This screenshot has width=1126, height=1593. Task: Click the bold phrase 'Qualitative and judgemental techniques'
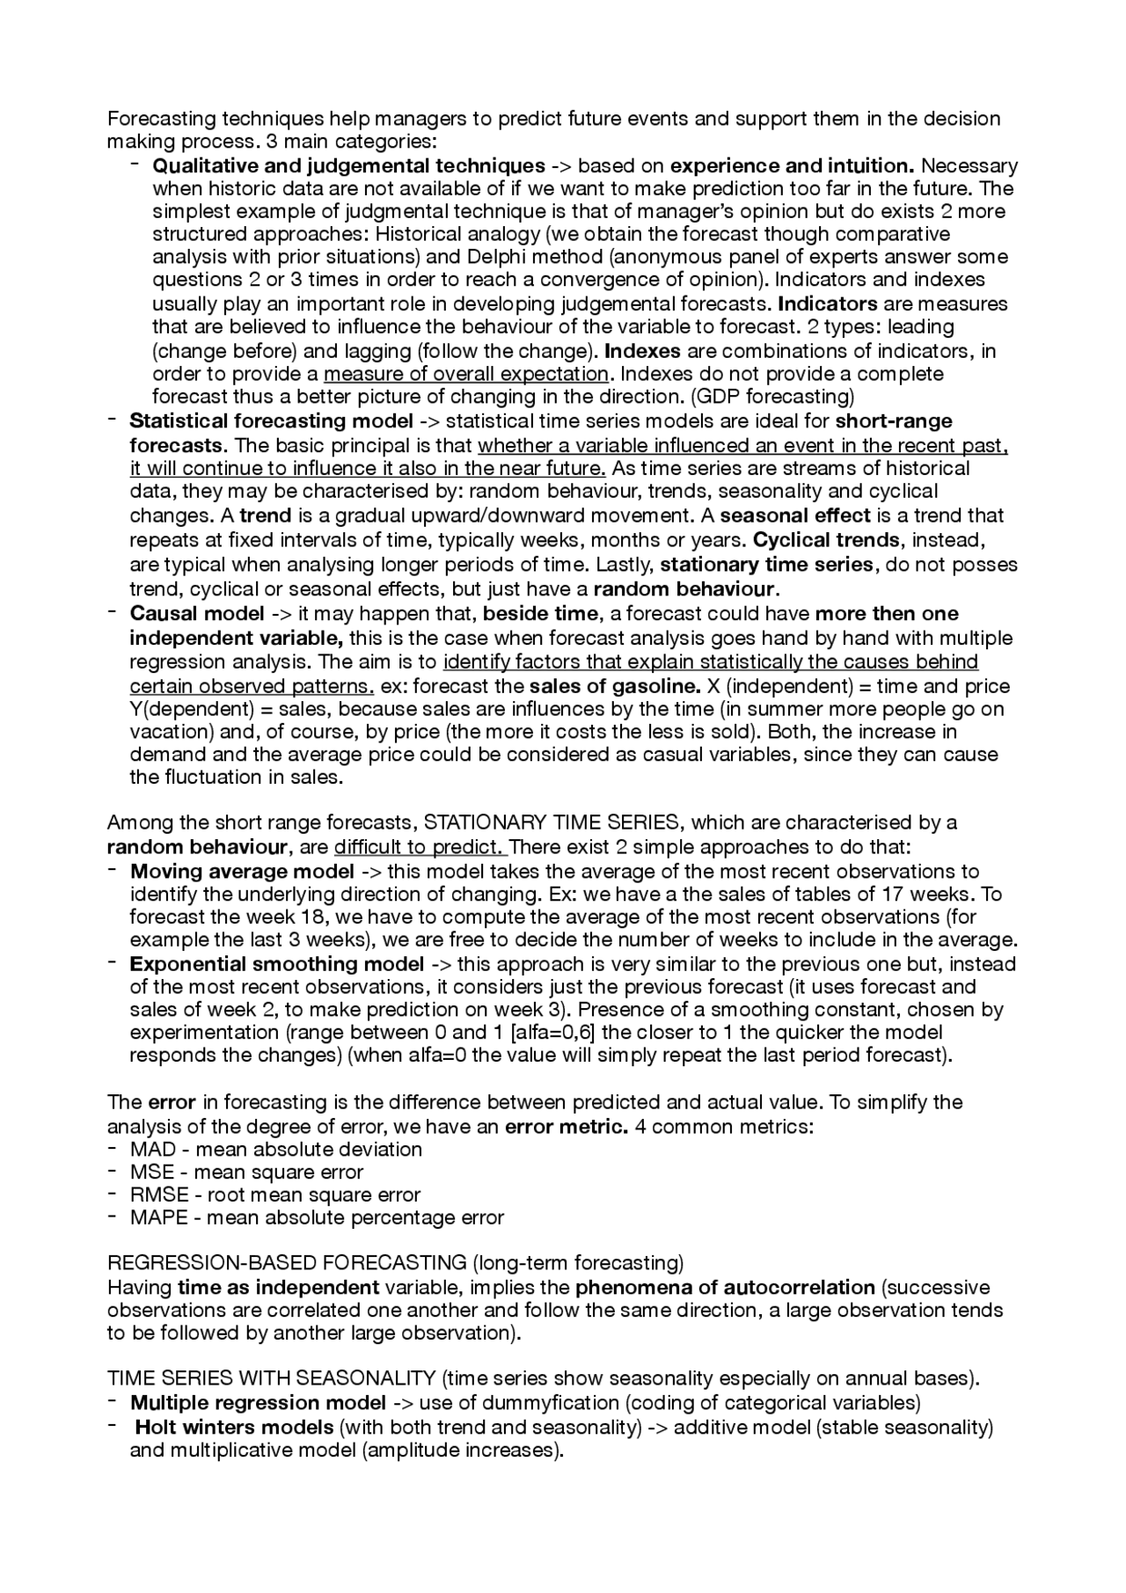click(x=348, y=165)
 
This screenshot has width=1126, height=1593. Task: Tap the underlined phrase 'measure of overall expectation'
click(x=466, y=374)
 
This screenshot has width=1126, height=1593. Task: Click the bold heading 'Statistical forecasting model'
click(x=271, y=420)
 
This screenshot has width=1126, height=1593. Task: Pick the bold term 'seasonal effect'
click(x=794, y=515)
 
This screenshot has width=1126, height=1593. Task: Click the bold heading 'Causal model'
click(x=196, y=613)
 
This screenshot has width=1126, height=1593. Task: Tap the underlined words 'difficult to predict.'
click(x=420, y=847)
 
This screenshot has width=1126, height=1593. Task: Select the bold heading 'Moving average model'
click(x=242, y=872)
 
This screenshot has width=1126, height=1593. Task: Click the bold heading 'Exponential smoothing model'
click(x=277, y=964)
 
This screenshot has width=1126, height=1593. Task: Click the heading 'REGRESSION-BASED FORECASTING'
click(x=287, y=1263)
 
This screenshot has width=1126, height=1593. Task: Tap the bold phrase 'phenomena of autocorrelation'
click(x=725, y=1288)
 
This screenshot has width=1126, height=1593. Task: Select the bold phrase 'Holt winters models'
click(x=233, y=1427)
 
